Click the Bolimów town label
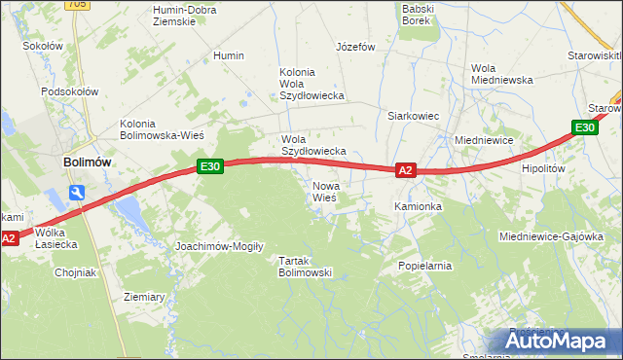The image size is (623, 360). coord(86,162)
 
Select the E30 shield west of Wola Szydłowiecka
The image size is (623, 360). coord(210,166)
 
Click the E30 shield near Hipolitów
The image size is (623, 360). coord(584,127)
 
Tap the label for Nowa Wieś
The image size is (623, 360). coord(324,191)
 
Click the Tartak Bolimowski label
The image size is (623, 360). coord(306,267)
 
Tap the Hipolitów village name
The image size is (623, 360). coord(543,168)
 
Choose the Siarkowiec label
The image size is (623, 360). coord(414,116)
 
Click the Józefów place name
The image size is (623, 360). coord(355,47)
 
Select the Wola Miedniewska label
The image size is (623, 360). coord(500,74)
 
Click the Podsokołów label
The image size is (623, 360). coord(70,91)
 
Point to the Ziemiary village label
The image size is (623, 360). coord(144,297)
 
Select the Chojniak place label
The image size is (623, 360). coord(75,272)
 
